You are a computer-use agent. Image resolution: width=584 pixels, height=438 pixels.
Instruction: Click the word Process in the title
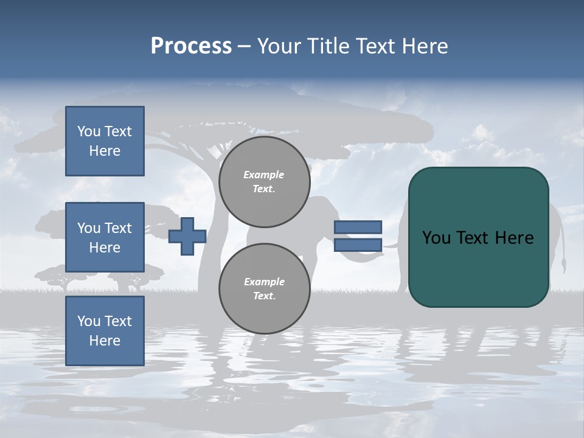191,46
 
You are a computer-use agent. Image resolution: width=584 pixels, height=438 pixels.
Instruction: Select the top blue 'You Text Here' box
105,141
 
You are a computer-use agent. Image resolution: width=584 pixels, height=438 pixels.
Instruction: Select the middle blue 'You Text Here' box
105,237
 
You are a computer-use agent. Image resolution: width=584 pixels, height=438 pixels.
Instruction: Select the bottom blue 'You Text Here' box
105,330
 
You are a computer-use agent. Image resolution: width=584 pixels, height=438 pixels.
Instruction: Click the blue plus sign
187,236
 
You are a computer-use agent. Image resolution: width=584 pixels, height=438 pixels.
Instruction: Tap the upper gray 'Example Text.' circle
264,181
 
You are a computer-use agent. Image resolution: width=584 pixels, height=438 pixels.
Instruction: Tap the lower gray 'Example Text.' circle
264,288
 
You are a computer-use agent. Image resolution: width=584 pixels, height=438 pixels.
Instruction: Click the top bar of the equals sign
358,227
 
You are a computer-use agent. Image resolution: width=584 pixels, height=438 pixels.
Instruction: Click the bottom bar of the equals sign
358,245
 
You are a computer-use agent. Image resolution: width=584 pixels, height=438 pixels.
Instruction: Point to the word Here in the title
424,46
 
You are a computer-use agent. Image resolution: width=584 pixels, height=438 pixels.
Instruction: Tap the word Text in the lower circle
263,296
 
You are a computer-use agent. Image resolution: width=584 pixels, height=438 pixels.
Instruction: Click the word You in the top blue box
89,131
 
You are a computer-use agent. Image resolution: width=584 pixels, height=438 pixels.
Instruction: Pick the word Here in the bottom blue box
105,341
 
